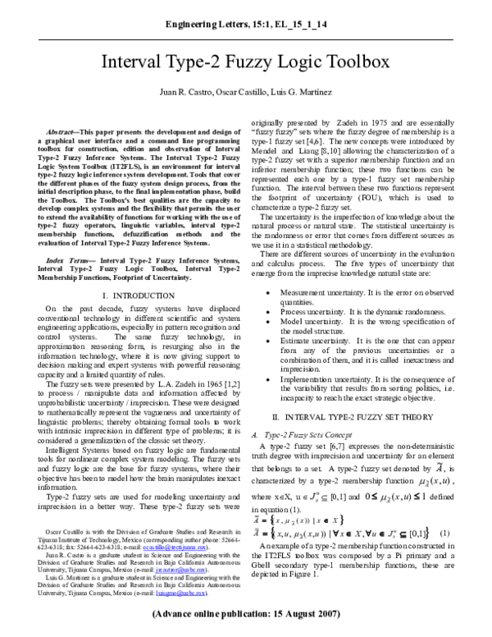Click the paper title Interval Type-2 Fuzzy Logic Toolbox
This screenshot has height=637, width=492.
pyautogui.click(x=246, y=63)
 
